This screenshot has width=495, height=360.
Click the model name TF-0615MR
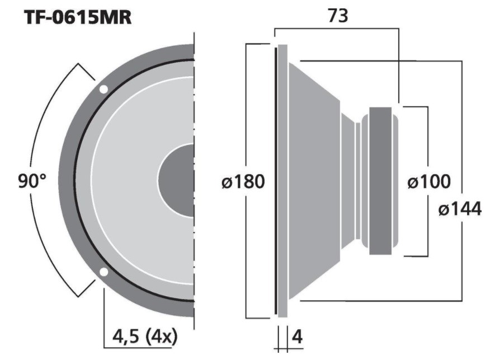click(78, 17)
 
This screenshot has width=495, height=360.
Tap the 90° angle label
click(32, 181)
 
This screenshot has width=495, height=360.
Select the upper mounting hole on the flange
click(103, 90)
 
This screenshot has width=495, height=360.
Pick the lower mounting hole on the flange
click(103, 272)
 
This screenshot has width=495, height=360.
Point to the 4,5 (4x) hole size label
click(145, 336)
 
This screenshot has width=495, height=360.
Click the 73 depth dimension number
click(338, 16)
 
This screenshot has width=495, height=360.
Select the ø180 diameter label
click(243, 182)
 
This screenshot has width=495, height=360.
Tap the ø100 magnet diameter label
click(429, 182)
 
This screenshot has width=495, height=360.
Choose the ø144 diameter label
click(460, 209)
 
